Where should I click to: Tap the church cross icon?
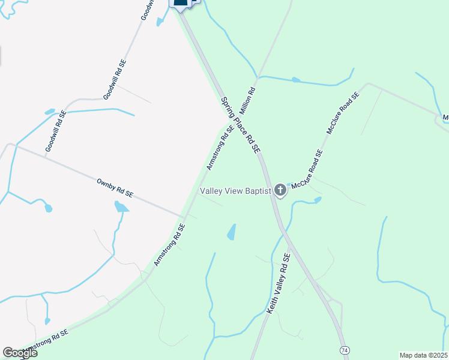click(280, 191)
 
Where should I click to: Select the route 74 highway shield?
click(344, 350)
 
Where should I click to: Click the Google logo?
click(19, 353)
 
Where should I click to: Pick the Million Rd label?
click(247, 101)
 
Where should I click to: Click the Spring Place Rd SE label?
click(241, 125)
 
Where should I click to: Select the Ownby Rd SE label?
click(115, 187)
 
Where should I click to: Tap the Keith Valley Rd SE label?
click(278, 286)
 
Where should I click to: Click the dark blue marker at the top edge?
click(181, 3)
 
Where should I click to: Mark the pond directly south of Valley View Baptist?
click(232, 232)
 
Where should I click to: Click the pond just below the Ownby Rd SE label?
click(121, 208)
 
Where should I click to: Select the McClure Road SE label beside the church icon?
click(307, 170)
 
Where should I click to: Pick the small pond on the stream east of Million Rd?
click(295, 79)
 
